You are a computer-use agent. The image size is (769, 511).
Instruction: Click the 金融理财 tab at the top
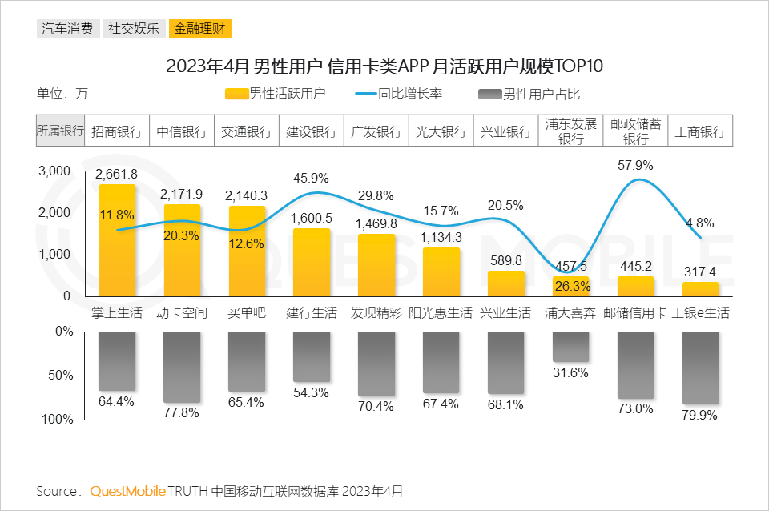pos(199,30)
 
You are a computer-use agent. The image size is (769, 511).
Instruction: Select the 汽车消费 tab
pos(66,30)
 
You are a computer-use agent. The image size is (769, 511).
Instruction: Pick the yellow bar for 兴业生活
pos(506,284)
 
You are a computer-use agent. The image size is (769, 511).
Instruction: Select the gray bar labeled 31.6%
pos(570,347)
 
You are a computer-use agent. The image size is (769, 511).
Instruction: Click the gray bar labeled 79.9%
pos(700,368)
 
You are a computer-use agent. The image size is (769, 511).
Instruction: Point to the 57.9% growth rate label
pos(635,166)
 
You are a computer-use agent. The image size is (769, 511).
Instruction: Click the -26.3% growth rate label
pos(570,287)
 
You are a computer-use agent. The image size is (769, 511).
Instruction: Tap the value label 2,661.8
pos(116,174)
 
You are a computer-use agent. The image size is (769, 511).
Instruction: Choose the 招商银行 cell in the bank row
pos(117,131)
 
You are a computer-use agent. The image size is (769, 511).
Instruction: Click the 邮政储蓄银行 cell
pos(635,131)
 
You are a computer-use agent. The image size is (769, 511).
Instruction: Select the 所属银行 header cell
pos(61,131)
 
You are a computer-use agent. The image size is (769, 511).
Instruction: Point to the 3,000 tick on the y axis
pos(55,171)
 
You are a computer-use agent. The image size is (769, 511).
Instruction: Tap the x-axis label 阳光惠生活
pos(441,313)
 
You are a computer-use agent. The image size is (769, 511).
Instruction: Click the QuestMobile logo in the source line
pos(127,490)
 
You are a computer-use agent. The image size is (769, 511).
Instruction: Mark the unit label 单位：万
pos(62,93)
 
